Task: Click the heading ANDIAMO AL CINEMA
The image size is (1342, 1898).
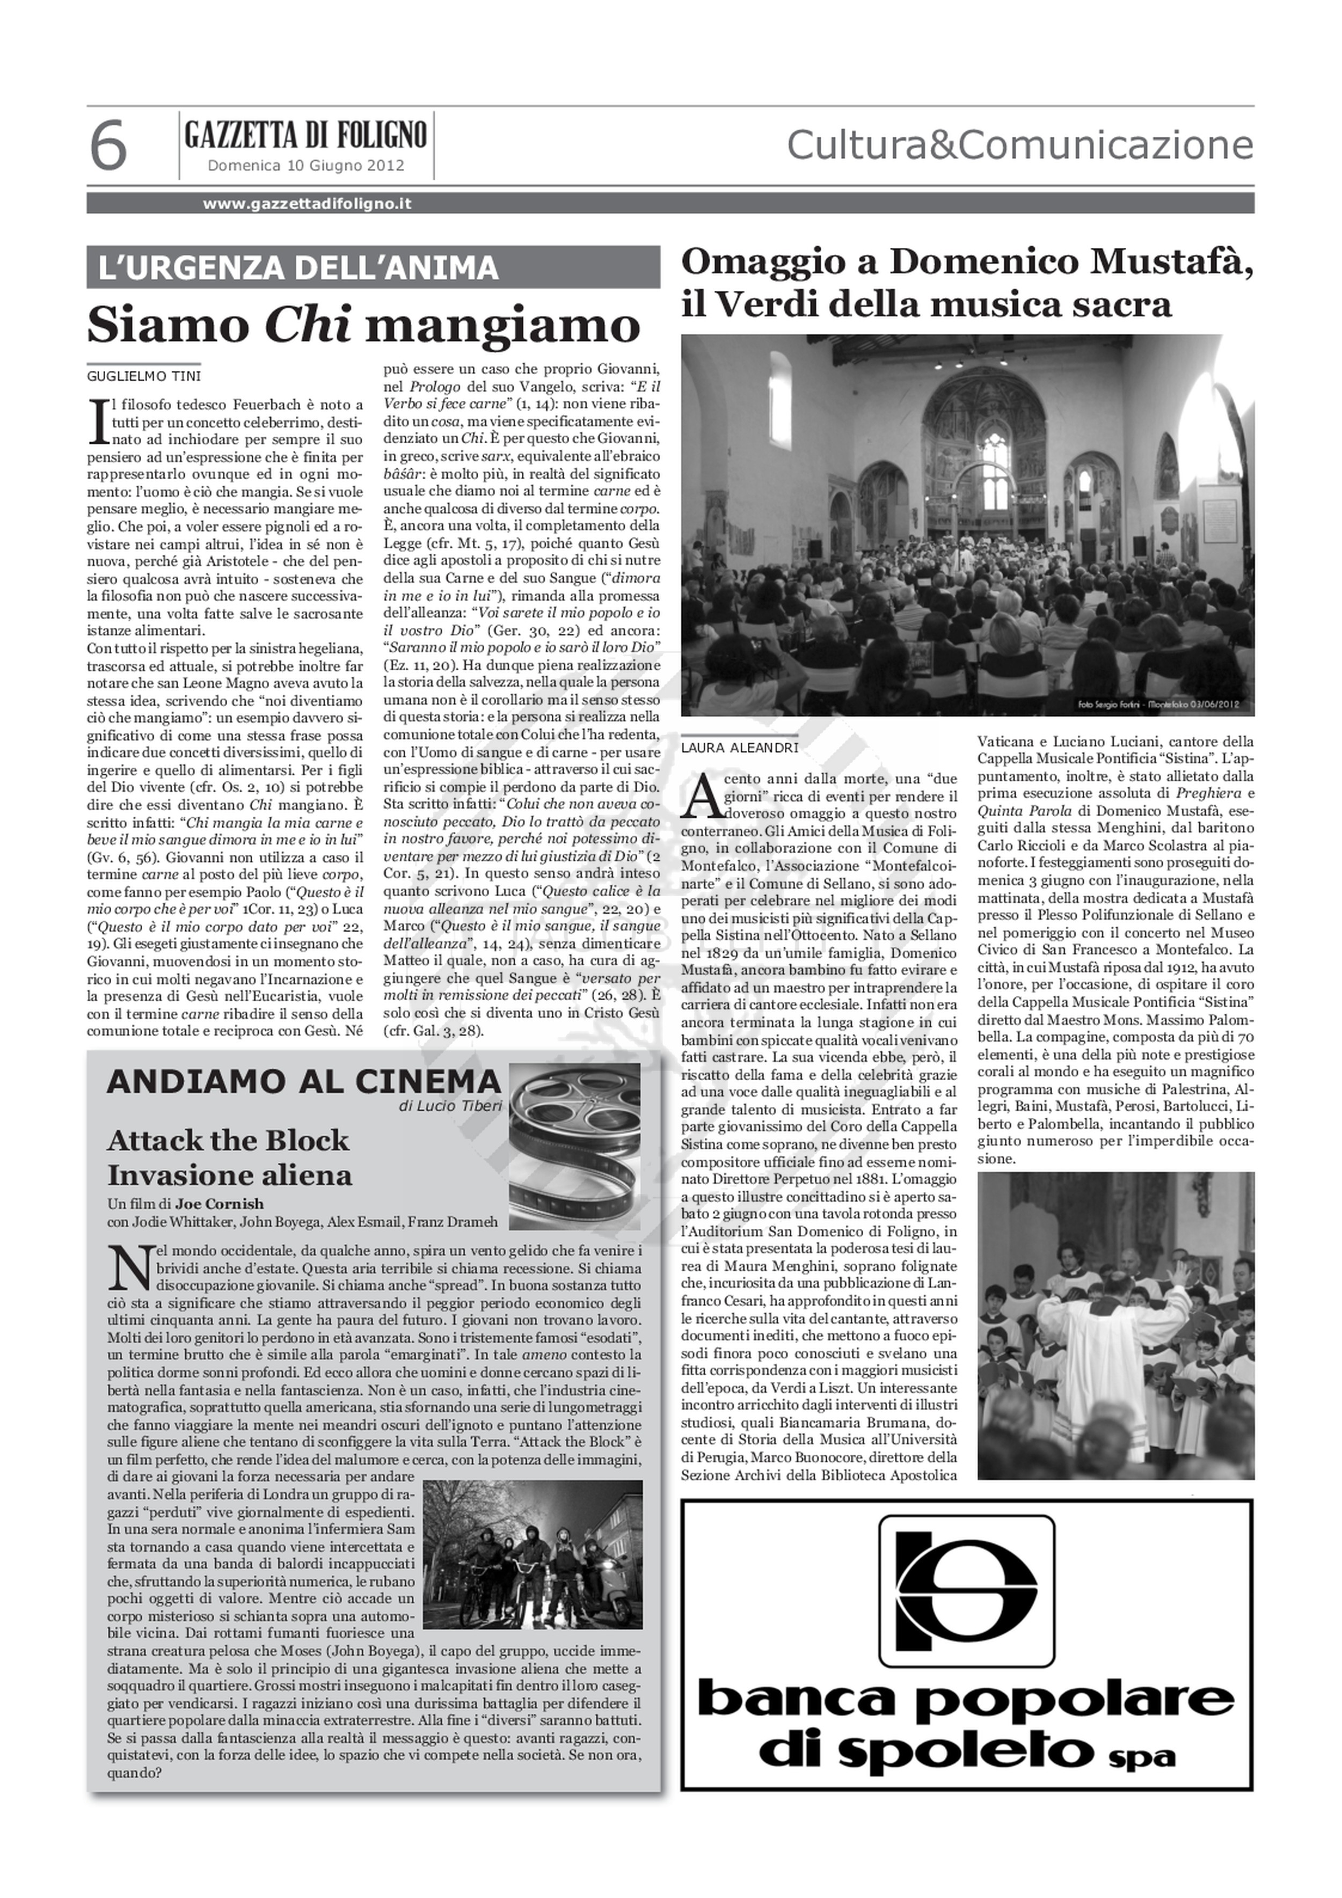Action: pos(303,1081)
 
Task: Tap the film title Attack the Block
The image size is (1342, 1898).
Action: pos(228,1141)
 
